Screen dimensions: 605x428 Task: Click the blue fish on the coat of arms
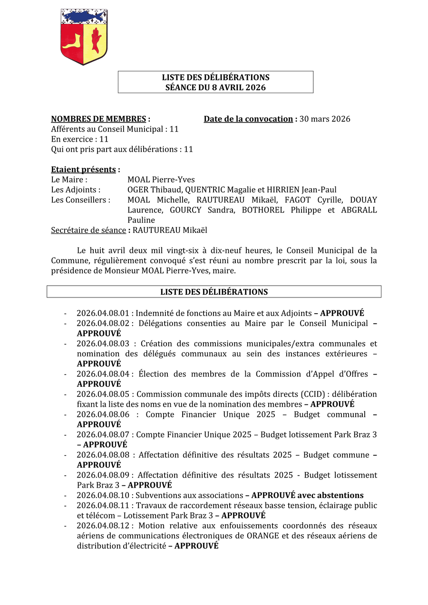[84, 17]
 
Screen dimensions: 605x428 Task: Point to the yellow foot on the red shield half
[72, 43]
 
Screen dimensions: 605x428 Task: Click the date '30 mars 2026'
[325, 119]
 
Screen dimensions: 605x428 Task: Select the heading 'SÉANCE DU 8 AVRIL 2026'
[215, 87]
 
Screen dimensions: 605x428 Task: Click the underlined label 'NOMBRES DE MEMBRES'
[98, 119]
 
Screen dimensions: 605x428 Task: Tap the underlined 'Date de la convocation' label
[248, 119]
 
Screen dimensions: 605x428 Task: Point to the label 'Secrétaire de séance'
[88, 230]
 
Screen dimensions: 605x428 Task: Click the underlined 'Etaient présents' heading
[83, 169]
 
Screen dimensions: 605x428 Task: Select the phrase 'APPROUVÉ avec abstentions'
[307, 495]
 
